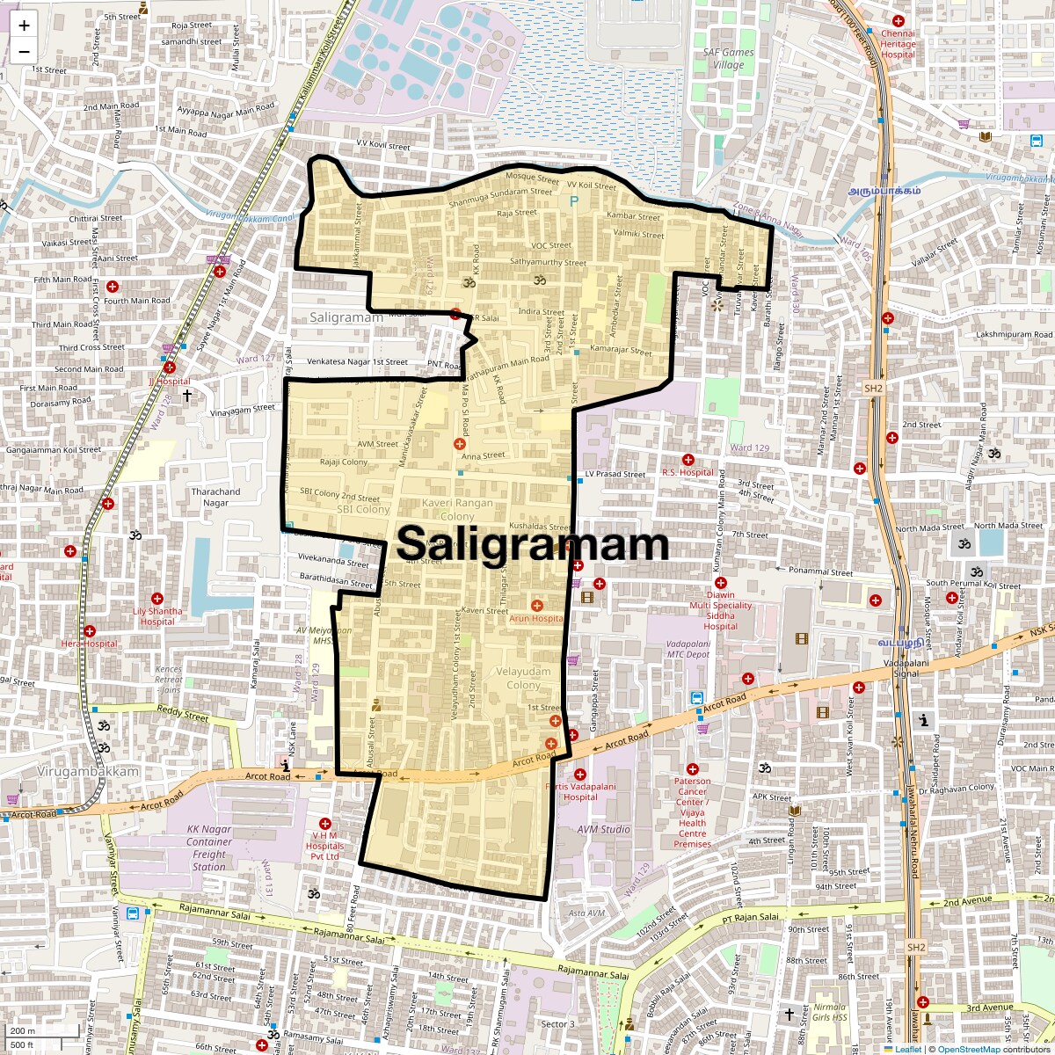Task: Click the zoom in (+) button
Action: click(x=24, y=25)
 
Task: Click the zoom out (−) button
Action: click(x=24, y=51)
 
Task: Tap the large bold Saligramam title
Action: click(x=533, y=543)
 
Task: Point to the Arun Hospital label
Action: click(x=536, y=618)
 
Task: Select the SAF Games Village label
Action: click(x=728, y=59)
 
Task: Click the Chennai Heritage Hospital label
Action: click(x=898, y=44)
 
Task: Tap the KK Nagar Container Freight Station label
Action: click(x=209, y=848)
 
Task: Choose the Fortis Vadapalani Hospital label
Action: click(x=580, y=791)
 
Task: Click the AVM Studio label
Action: click(x=604, y=829)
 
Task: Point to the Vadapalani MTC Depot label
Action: click(x=688, y=649)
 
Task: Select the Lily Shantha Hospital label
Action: click(x=158, y=616)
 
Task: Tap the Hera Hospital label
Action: click(x=89, y=644)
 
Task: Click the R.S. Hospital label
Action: click(x=688, y=472)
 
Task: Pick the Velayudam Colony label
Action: click(x=524, y=678)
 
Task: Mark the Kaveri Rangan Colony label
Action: click(x=457, y=509)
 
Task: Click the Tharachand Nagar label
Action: click(x=215, y=498)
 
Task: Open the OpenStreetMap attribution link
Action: click(x=969, y=1049)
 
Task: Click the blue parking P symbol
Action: click(x=575, y=201)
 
